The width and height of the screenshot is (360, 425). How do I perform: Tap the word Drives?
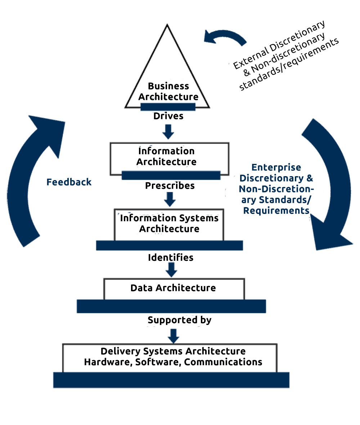pos(168,116)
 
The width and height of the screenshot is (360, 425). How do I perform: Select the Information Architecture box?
pos(169,157)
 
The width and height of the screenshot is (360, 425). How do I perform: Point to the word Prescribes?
pos(170,186)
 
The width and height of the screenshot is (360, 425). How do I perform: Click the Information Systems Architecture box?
pos(169,224)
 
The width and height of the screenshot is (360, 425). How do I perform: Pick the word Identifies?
pos(171,258)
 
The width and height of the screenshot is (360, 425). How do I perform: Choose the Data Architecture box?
pos(174,288)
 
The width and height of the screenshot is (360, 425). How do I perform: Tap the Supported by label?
pos(179,320)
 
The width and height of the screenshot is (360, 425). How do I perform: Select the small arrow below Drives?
pos(168,132)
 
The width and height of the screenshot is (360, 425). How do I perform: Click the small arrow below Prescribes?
pos(170,199)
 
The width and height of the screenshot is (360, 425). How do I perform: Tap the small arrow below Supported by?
pos(174,336)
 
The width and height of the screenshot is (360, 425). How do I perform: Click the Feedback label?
pos(69,183)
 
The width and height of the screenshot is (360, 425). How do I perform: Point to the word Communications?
pos(223,362)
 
